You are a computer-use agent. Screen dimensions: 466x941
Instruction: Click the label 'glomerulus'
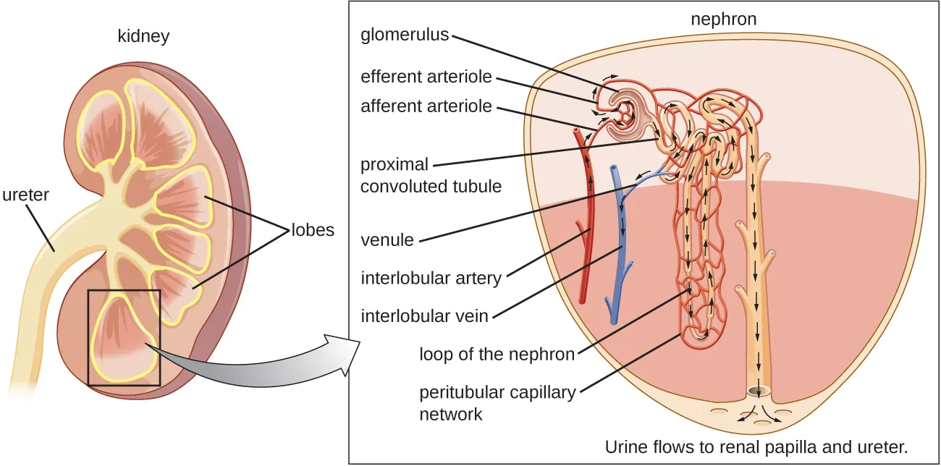405,35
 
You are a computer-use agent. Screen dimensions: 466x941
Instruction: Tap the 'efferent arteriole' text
426,77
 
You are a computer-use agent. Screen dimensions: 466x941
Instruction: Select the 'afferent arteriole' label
426,106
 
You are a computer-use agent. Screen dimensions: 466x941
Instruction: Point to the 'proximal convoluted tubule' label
431,175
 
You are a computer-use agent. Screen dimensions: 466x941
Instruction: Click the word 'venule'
387,240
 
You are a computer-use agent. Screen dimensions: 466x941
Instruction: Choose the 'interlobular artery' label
431,278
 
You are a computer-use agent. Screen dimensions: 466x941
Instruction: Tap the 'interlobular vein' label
424,315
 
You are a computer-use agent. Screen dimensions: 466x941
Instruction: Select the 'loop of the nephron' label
497,354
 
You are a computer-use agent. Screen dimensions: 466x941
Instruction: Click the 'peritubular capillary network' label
497,403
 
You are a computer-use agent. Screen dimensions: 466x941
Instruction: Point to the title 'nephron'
723,20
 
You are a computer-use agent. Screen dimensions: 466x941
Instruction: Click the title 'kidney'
143,36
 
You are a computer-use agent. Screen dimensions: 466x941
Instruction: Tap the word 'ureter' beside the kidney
25,194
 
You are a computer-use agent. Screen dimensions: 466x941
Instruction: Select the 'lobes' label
313,230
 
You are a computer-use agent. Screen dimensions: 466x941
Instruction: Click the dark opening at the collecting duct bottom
758,392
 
